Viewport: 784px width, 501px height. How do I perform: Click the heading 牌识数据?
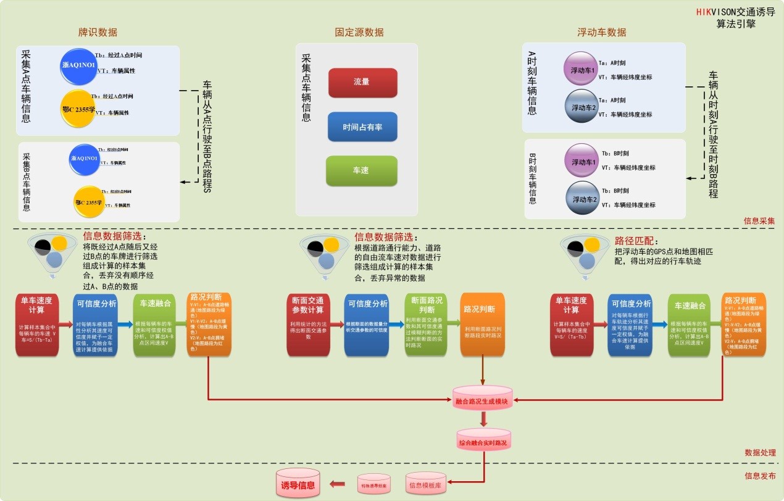[98, 32]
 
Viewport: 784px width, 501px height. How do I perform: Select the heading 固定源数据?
[359, 32]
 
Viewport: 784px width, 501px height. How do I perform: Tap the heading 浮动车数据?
[601, 32]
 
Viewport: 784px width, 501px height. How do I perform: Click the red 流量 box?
[362, 83]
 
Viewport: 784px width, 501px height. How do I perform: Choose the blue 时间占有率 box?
[362, 126]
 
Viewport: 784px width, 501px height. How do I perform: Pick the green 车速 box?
[361, 170]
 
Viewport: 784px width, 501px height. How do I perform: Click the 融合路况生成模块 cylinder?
[482, 400]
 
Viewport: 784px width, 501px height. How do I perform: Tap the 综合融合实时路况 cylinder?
[483, 442]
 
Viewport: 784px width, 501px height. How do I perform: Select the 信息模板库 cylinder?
[425, 484]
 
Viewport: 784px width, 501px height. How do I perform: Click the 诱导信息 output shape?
[298, 484]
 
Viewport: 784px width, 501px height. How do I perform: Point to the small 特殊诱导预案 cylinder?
[374, 484]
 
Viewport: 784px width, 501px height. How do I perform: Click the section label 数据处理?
[759, 452]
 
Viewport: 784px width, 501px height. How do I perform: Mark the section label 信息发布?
[759, 476]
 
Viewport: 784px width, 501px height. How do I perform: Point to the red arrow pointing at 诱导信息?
[337, 484]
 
